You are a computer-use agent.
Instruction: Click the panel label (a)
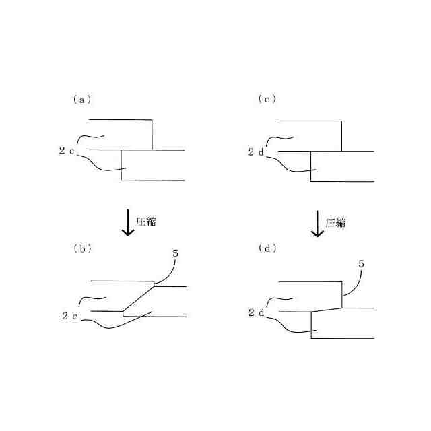click(x=81, y=100)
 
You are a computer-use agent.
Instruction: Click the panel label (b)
click(x=81, y=248)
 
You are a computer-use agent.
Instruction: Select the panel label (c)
click(x=267, y=100)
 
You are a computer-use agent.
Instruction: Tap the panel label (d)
click(x=267, y=248)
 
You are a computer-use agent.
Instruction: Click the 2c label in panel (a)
click(x=67, y=151)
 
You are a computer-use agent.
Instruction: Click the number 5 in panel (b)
click(x=175, y=253)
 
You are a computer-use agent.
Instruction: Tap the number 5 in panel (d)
click(x=362, y=264)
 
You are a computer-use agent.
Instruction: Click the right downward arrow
click(x=317, y=223)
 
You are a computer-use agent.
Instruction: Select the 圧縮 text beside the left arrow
click(x=146, y=222)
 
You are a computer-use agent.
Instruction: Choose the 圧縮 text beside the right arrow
click(x=335, y=222)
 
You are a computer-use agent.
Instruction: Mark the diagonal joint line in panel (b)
click(x=138, y=298)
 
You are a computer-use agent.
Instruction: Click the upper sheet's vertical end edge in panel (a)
click(x=152, y=135)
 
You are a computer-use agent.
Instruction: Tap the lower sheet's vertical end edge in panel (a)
click(x=121, y=166)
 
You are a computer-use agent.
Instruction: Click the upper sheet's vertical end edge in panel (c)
click(x=341, y=135)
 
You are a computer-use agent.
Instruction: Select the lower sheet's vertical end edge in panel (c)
click(x=310, y=166)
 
